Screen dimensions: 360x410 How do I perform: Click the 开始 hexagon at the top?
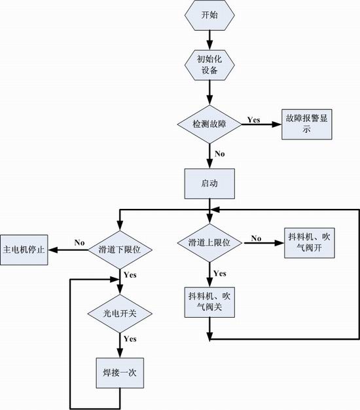(x=209, y=15)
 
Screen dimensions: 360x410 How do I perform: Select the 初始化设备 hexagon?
(x=209, y=65)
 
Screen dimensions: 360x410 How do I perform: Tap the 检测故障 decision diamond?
(x=209, y=124)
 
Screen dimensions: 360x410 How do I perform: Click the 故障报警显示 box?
(x=307, y=124)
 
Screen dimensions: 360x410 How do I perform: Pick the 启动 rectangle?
(x=209, y=183)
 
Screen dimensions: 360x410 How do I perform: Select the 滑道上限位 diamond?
(x=209, y=243)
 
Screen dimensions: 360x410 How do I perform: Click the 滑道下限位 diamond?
(x=120, y=250)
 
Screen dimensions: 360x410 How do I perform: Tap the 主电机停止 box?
(x=24, y=250)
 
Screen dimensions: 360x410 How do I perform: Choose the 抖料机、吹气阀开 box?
(x=310, y=243)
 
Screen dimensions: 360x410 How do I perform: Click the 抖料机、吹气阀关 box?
(x=209, y=303)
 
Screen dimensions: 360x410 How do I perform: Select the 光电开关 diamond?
(x=120, y=314)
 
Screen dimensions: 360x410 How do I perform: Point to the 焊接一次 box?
(x=120, y=373)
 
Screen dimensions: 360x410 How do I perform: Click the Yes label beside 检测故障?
(x=254, y=120)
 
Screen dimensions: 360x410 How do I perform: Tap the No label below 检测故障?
(x=220, y=154)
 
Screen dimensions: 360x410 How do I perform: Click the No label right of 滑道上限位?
(x=257, y=238)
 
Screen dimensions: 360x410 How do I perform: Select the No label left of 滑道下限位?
(x=79, y=242)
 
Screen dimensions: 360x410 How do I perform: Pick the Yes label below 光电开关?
(x=130, y=339)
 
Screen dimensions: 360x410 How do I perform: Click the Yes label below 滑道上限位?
(x=220, y=274)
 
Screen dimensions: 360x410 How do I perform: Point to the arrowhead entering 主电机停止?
(x=52, y=250)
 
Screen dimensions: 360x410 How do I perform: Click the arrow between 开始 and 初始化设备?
(x=209, y=40)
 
